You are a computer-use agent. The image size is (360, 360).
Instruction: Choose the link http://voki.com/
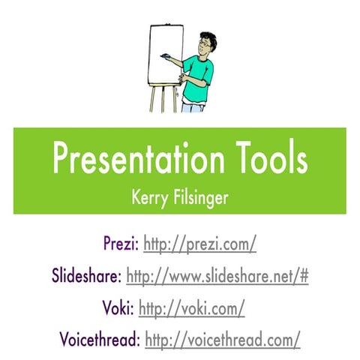(192, 308)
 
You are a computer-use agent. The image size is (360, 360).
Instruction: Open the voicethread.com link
(222, 340)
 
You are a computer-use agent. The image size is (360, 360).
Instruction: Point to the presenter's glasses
(200, 46)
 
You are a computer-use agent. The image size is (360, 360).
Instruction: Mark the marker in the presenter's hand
(163, 55)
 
